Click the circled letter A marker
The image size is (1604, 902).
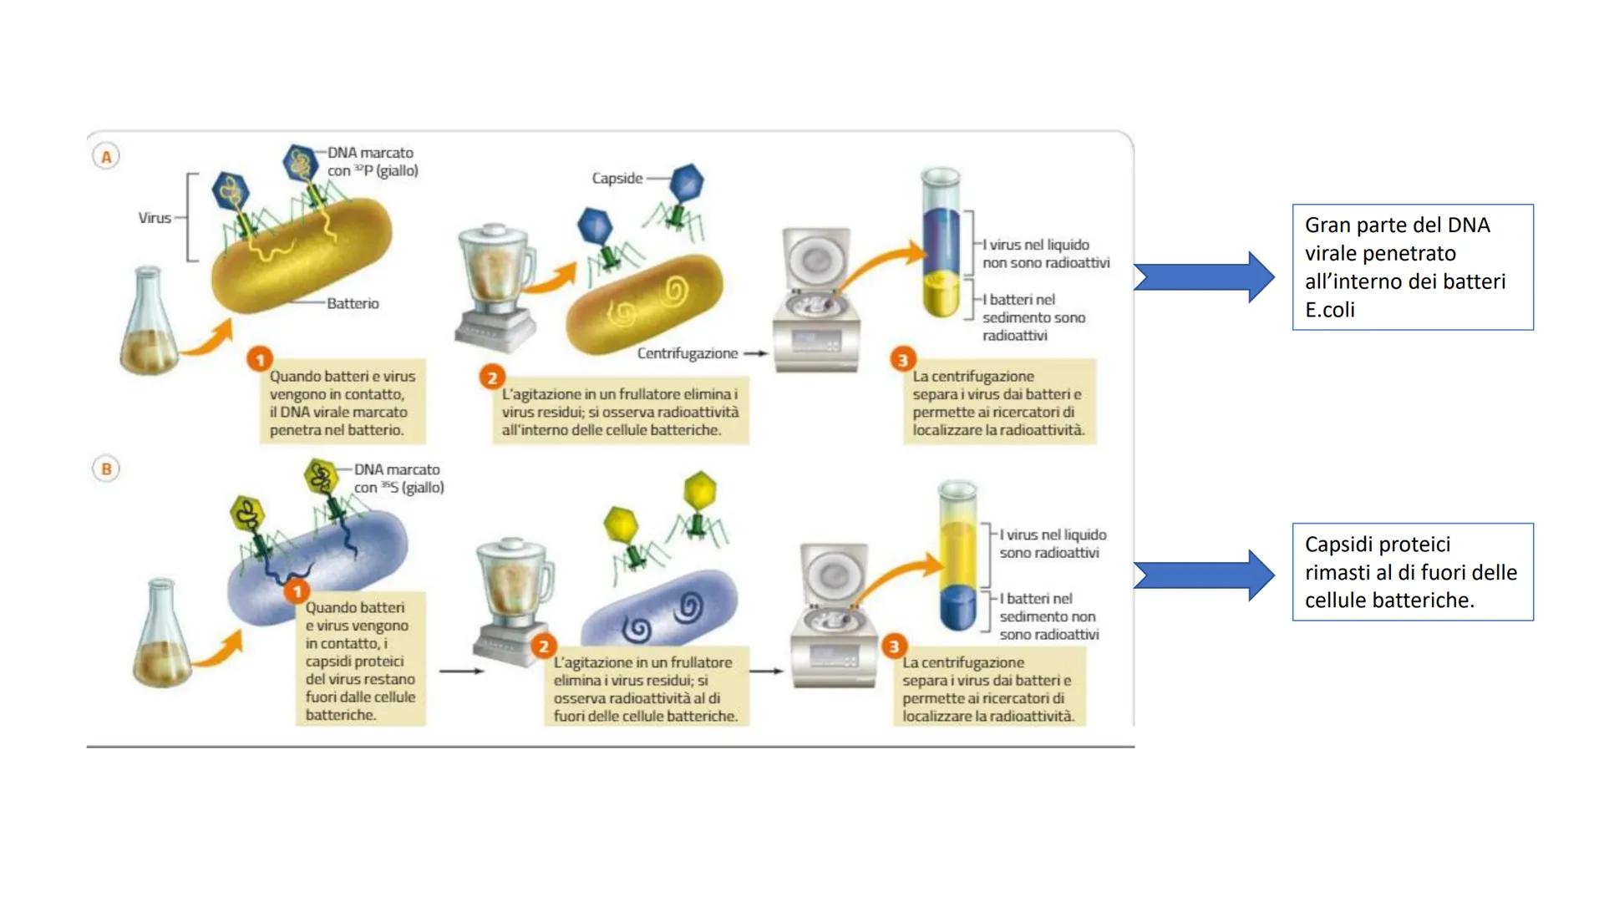106,156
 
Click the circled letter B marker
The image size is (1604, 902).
106,469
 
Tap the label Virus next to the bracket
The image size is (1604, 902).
155,218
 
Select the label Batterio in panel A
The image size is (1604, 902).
353,303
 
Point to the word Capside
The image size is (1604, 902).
617,178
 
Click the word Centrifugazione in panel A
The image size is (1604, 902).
688,353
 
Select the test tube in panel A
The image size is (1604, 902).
942,242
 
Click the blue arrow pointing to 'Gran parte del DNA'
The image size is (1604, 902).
1204,276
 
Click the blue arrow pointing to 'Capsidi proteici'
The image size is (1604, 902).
1204,575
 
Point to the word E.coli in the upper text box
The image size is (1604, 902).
1330,310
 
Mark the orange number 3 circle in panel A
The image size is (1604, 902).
902,360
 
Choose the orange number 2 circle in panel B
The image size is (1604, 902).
544,646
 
